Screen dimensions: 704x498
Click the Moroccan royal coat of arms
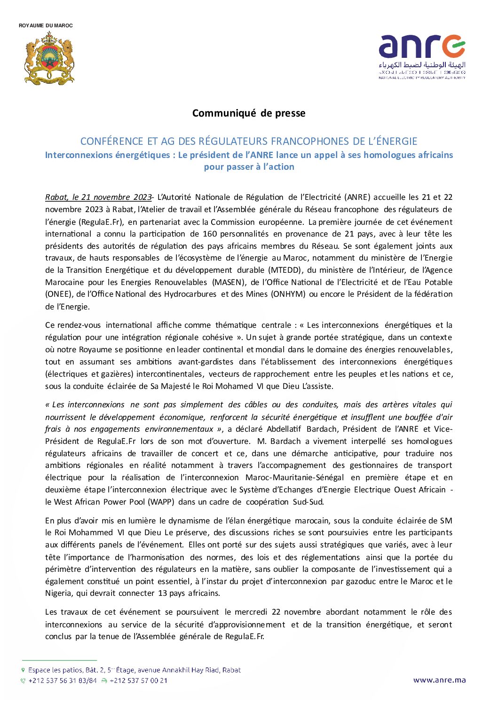click(49, 59)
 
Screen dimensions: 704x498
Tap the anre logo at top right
click(422, 47)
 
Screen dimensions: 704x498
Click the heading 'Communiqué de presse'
click(249, 113)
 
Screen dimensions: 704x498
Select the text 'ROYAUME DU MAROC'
click(46, 25)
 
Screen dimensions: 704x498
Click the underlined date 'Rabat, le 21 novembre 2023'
click(98, 197)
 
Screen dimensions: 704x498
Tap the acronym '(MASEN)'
click(229, 282)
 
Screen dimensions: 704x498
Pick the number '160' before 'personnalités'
click(209, 234)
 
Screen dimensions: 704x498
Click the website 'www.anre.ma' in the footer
click(439, 680)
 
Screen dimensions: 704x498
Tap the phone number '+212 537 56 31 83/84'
click(63, 680)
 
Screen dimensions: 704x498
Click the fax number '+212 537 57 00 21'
click(138, 680)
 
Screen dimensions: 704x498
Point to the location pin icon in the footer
click(23, 670)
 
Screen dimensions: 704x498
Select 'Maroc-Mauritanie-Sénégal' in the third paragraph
click(294, 477)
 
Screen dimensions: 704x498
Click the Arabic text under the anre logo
click(422, 65)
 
